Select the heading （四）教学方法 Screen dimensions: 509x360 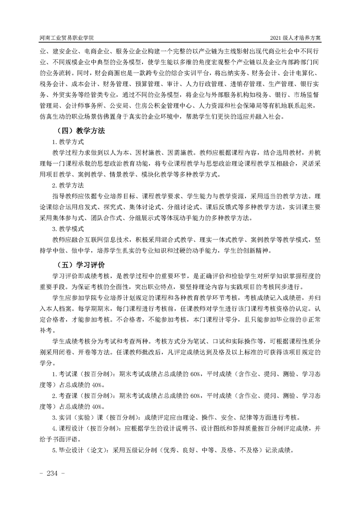coord(79,131)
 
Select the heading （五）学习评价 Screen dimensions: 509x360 coord(79,264)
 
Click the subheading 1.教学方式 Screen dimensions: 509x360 coord(68,142)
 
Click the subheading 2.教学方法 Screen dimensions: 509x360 coord(68,185)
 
